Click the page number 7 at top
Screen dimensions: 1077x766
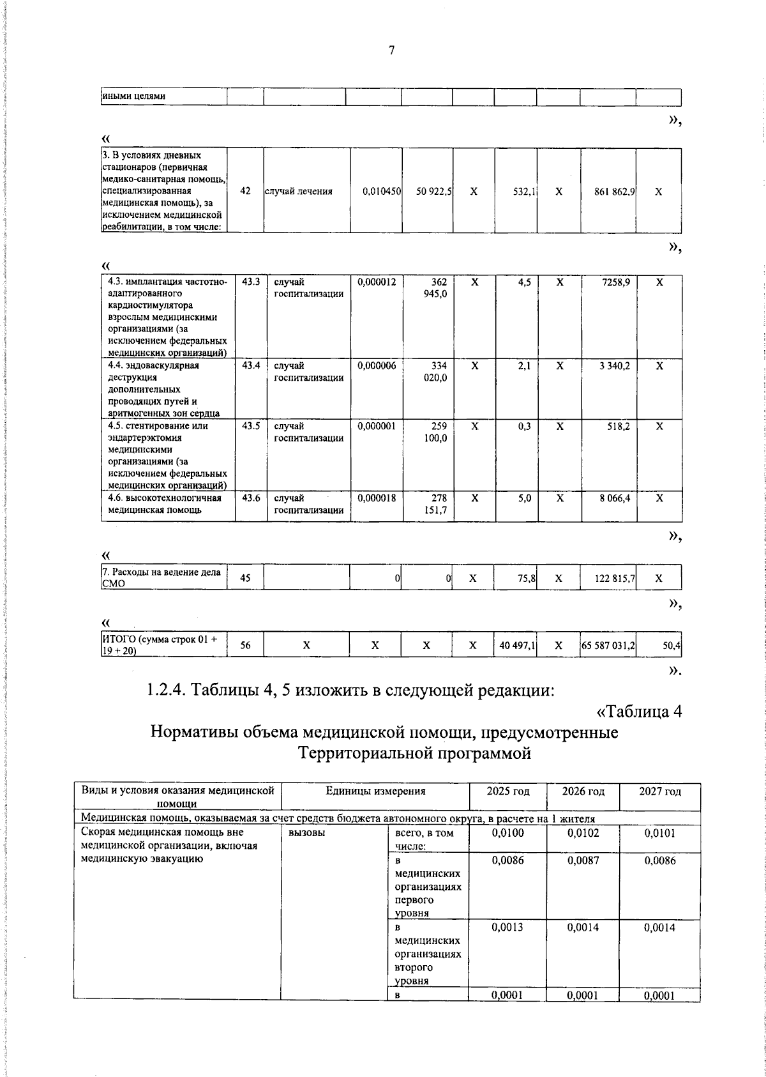point(391,51)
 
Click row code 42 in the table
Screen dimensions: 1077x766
point(246,191)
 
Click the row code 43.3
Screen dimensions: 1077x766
point(251,282)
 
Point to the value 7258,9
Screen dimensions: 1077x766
point(615,282)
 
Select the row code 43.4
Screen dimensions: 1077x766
point(251,366)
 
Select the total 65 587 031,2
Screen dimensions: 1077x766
point(608,646)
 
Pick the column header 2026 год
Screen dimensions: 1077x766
point(583,791)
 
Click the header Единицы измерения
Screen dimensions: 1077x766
point(375,791)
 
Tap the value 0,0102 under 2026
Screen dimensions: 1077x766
point(583,833)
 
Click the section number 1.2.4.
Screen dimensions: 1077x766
point(167,691)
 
